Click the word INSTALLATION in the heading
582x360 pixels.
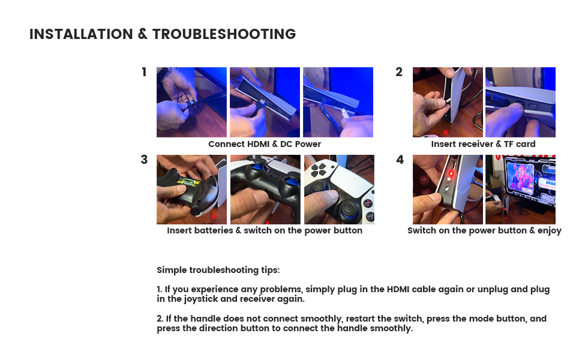pos(81,34)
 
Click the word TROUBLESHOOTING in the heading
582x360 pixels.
pos(224,34)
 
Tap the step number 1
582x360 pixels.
pos(144,72)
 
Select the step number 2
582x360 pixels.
pos(399,72)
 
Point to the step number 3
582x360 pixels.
pos(144,160)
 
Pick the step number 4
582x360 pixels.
pos(400,160)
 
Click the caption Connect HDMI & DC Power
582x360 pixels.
pos(265,144)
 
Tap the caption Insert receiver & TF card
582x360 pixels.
pos(483,144)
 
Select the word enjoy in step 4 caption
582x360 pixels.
pos(550,231)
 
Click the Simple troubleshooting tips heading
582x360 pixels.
pos(218,270)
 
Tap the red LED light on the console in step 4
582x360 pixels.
pos(452,173)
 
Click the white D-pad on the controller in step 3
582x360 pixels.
pos(319,169)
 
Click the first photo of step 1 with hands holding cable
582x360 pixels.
pos(191,102)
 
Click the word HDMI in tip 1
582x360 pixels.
pos(398,289)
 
